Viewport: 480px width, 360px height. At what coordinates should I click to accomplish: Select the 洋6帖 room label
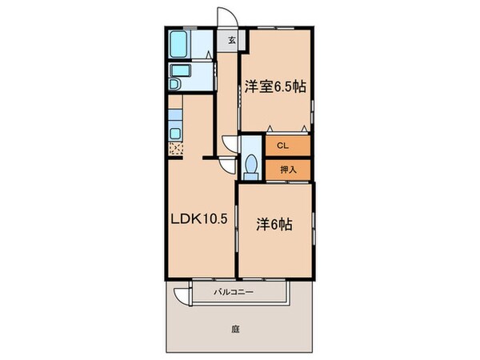click(x=273, y=225)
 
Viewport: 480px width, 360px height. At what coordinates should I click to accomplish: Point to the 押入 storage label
click(x=288, y=170)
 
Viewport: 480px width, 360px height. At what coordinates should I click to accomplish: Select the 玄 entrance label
click(x=231, y=39)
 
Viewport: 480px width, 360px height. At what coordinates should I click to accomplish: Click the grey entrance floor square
click(x=231, y=39)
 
